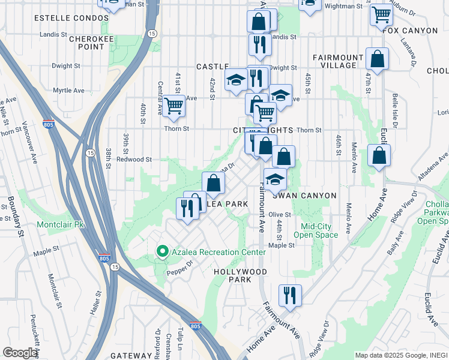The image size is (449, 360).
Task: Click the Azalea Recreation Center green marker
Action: pyautogui.click(x=161, y=252)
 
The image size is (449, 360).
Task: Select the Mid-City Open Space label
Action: pyautogui.click(x=319, y=230)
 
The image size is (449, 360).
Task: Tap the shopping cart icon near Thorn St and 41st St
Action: pyautogui.click(x=173, y=107)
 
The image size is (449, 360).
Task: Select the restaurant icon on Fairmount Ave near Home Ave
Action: pyautogui.click(x=290, y=295)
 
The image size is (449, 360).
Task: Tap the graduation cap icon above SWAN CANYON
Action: pyautogui.click(x=275, y=179)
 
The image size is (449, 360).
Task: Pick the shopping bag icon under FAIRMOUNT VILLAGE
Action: pyautogui.click(x=377, y=59)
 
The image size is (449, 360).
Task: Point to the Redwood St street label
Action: pyautogui.click(x=134, y=160)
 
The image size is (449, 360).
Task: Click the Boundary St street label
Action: pyautogui.click(x=12, y=213)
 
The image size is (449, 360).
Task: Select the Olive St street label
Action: pyautogui.click(x=280, y=214)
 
